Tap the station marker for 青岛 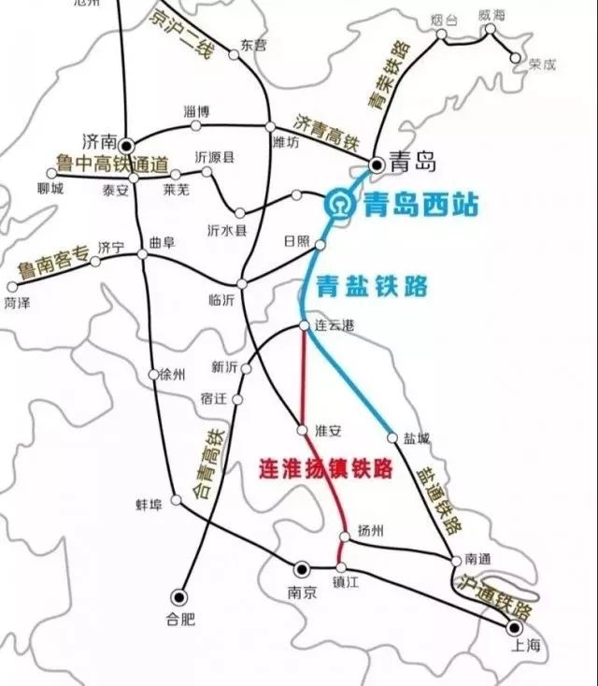pos(377,165)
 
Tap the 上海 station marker pos(512,627)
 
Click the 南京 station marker pos(301,568)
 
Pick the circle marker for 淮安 pos(302,430)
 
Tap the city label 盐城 pos(417,437)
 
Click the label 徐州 pos(174,375)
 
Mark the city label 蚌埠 pos(149,505)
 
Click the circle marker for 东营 pos(234,55)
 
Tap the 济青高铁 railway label pos(326,133)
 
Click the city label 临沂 pos(223,300)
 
